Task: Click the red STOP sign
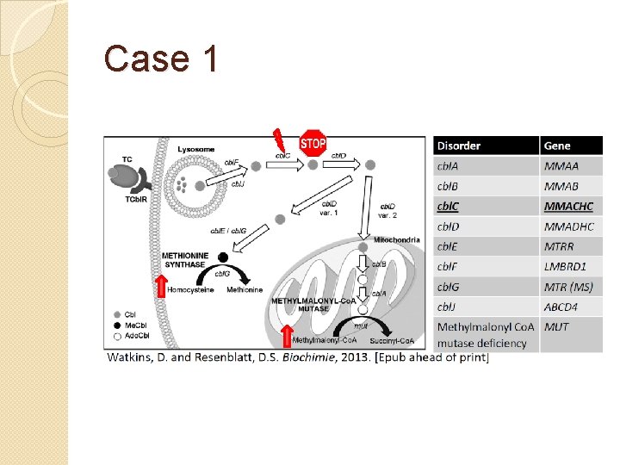[x=313, y=143]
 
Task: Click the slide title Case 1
[x=161, y=59]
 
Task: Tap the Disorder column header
[x=460, y=146]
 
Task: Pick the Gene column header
[x=557, y=146]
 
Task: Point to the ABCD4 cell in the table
[x=563, y=306]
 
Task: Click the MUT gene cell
[x=557, y=327]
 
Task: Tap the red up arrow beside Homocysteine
[x=160, y=285]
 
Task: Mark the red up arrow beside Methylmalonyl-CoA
[x=287, y=336]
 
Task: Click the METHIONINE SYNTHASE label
[x=183, y=260]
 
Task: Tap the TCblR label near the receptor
[x=125, y=201]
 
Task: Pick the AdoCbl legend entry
[x=134, y=334]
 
